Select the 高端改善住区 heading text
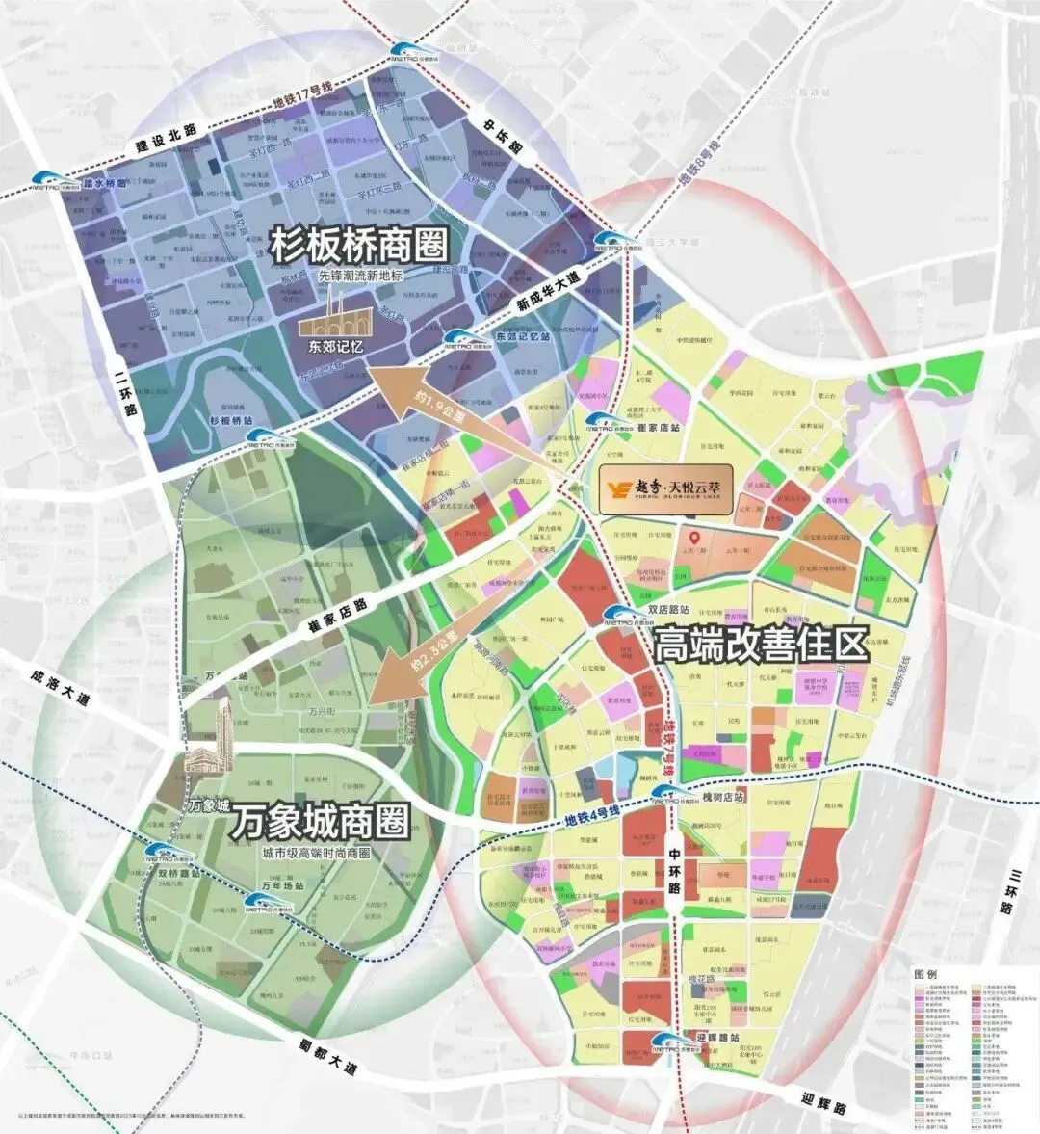[761, 645]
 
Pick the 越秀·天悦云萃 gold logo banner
[665, 480]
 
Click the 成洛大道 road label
[60, 688]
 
